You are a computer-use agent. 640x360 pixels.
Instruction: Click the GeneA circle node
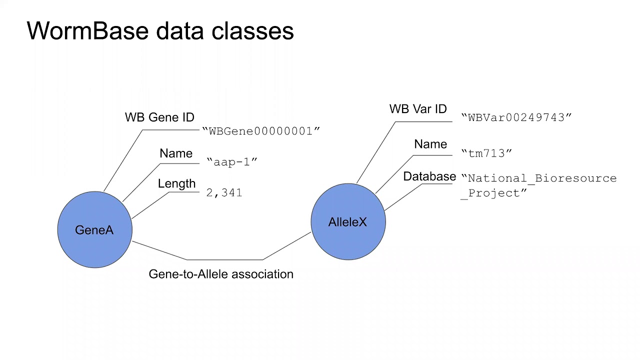click(x=94, y=230)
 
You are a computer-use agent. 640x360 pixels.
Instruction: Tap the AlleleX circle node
click(x=348, y=222)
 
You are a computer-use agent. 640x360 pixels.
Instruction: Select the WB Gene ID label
click(x=159, y=117)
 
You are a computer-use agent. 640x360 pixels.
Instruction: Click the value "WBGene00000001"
click(x=261, y=131)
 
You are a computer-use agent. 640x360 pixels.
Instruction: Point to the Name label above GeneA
click(x=176, y=153)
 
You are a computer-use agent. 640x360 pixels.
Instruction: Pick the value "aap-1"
click(x=232, y=162)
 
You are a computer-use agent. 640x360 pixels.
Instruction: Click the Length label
click(x=176, y=183)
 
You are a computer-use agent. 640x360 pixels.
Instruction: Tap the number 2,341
click(x=224, y=192)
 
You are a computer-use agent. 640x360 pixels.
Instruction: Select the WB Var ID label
click(x=418, y=109)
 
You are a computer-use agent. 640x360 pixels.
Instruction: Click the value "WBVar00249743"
click(x=516, y=117)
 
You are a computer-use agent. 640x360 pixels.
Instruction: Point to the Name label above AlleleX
click(x=430, y=144)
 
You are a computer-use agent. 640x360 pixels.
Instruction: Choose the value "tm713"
click(x=486, y=153)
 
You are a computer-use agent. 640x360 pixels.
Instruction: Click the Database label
click(x=429, y=176)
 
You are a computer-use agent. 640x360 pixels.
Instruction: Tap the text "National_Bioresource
click(x=539, y=178)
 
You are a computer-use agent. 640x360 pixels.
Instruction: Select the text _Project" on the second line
click(x=493, y=193)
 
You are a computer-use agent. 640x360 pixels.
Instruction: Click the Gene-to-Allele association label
click(x=221, y=274)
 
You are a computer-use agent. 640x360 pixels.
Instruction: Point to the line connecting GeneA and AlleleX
click(x=225, y=259)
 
